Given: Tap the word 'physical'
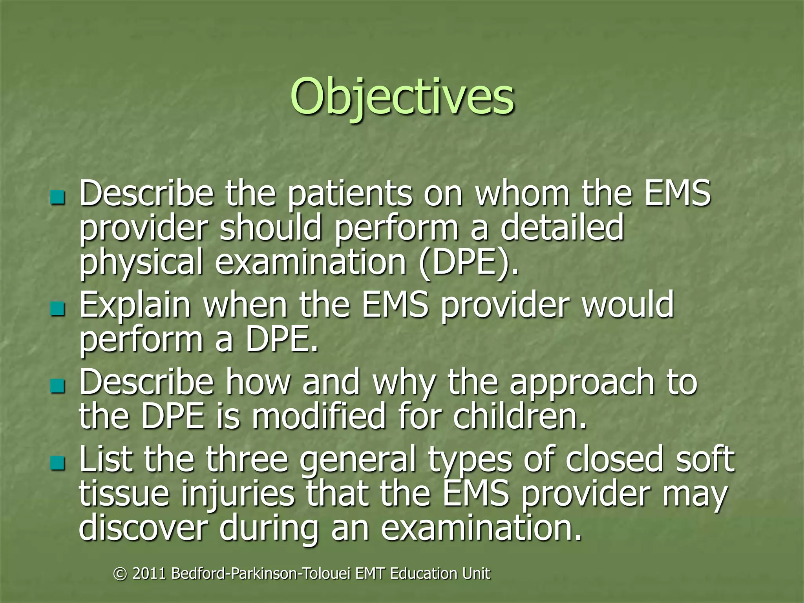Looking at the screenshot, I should pos(141,262).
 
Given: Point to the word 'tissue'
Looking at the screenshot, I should pos(124,493).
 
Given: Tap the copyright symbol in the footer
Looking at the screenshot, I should pos(120,574).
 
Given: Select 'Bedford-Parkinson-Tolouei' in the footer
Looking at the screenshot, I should pos(261,574).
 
